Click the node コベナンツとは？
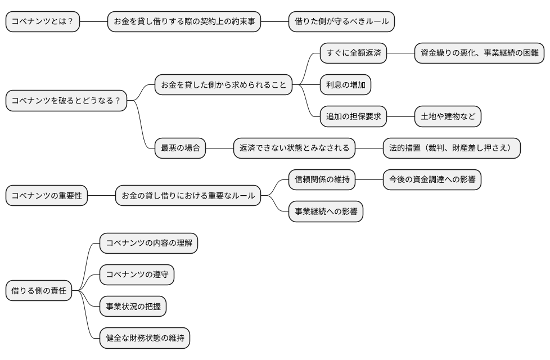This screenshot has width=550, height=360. [x=43, y=22]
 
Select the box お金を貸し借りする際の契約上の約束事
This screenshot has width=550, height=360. [x=184, y=22]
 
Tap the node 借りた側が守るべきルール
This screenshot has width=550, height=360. [x=341, y=22]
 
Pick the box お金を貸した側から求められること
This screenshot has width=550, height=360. [x=224, y=85]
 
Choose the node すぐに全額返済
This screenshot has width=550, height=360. [x=354, y=54]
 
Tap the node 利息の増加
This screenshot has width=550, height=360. [x=346, y=85]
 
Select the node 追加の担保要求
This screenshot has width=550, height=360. [x=354, y=117]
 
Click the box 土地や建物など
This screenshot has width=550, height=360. [x=448, y=117]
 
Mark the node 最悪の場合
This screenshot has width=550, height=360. [x=181, y=148]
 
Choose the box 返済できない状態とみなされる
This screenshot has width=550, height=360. [x=295, y=148]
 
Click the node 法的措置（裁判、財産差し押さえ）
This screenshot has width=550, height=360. [x=452, y=148]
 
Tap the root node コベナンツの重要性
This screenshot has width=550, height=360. [x=47, y=196]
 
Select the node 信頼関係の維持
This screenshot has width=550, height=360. [x=322, y=180]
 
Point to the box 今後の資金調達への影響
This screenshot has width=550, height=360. [x=432, y=180]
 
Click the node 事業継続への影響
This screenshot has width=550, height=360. [x=326, y=211]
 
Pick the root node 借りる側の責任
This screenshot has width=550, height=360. [x=39, y=291]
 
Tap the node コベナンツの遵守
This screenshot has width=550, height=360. [x=137, y=275]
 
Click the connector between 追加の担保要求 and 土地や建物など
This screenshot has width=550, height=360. [x=400, y=117]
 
